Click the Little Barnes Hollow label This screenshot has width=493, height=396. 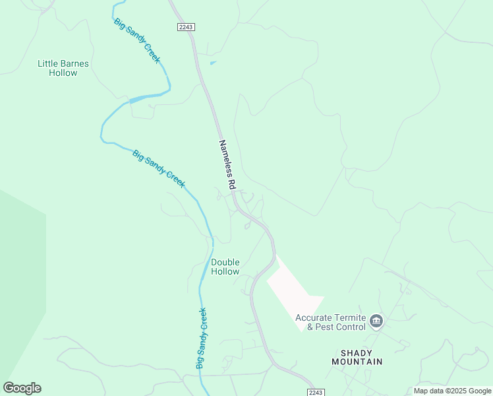coord(63,68)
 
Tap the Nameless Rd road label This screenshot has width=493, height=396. coord(227,164)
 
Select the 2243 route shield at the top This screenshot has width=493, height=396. coord(186,26)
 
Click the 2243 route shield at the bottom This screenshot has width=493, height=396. coord(316,392)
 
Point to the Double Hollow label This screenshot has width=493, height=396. coord(225,267)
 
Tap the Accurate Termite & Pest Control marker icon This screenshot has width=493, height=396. coord(376,321)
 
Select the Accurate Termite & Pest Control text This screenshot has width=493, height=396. coord(330,322)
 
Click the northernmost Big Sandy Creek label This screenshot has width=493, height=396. coord(137,41)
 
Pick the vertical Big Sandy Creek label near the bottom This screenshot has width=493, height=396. coord(201,338)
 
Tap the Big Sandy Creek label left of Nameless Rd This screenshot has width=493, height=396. coord(159,169)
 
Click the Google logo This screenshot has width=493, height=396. coord(22,388)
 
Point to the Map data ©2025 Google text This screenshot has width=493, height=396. coord(452,391)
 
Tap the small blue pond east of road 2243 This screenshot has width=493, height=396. coord(212,63)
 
